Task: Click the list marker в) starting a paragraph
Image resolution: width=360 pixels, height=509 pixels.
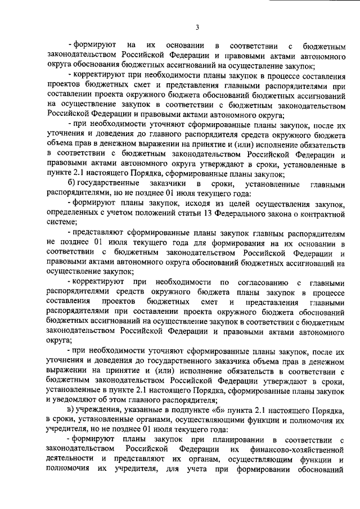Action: pyautogui.click(x=70, y=412)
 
